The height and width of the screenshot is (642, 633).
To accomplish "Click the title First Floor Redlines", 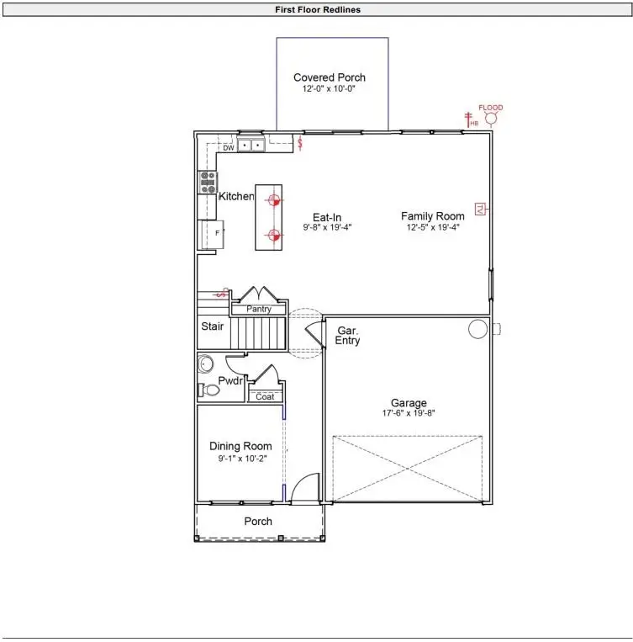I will [x=318, y=10].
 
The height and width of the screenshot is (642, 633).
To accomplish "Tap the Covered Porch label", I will [x=330, y=77].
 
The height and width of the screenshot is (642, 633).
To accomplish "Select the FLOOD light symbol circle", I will [x=490, y=119].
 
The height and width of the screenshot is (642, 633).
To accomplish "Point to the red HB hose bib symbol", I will [x=470, y=119].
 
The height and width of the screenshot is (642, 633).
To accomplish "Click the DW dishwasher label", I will [x=228, y=147].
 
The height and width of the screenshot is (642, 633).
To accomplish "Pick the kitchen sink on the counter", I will [x=251, y=146].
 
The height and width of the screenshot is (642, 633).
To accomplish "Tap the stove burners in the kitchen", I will [x=207, y=182].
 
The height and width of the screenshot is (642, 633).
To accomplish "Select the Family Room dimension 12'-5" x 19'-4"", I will [x=432, y=227].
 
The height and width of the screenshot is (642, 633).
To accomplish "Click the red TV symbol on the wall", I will [x=480, y=209].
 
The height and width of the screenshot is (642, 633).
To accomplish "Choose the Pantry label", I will [x=258, y=310].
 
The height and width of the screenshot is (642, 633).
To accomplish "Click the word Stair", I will [x=213, y=326].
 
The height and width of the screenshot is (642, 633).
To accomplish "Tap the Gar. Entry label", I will [x=348, y=336].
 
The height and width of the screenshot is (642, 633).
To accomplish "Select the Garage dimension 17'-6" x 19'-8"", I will [x=408, y=413].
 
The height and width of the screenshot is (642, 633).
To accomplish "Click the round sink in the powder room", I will [x=205, y=365].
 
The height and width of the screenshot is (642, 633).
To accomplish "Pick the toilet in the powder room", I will [x=203, y=390].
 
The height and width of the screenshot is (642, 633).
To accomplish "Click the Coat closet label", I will [x=265, y=396].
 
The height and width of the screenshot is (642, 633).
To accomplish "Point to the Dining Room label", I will [x=240, y=446].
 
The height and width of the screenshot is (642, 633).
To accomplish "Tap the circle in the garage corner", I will [x=477, y=329].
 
